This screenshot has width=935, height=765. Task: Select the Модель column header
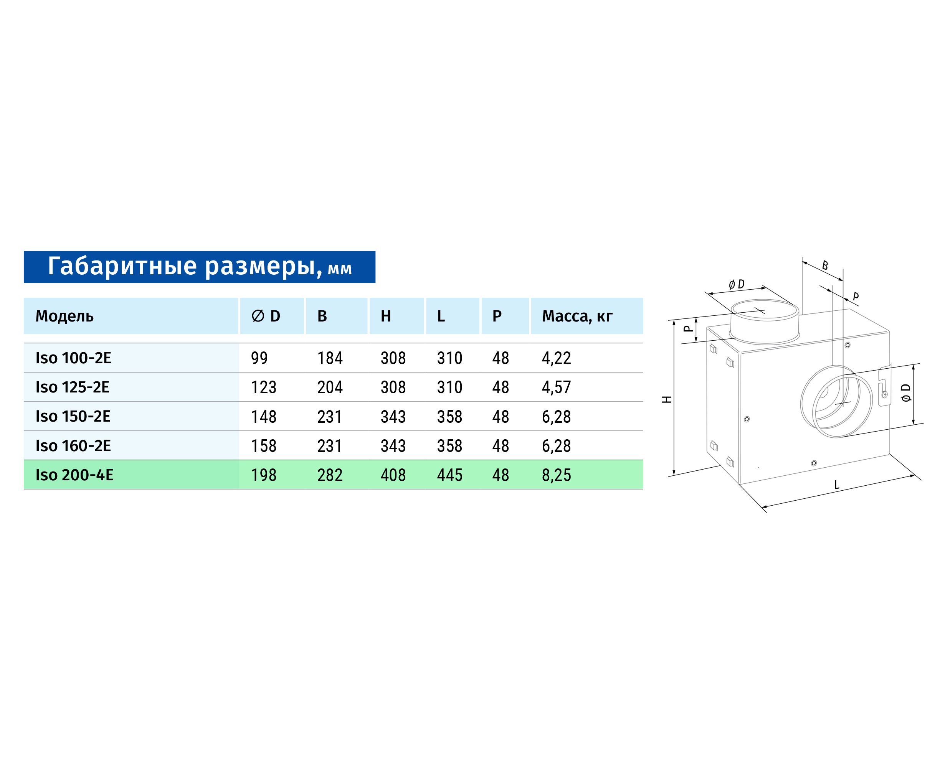point(64,317)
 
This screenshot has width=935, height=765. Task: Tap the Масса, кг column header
point(577,317)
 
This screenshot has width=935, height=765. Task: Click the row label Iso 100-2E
point(73,358)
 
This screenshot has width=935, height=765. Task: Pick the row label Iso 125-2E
point(72,387)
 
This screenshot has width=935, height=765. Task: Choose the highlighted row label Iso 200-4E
point(74,475)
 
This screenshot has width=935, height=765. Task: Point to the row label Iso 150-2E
point(73,416)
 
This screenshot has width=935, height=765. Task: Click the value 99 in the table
point(259,358)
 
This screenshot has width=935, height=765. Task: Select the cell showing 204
point(330,387)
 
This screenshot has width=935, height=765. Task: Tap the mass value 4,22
point(556,358)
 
